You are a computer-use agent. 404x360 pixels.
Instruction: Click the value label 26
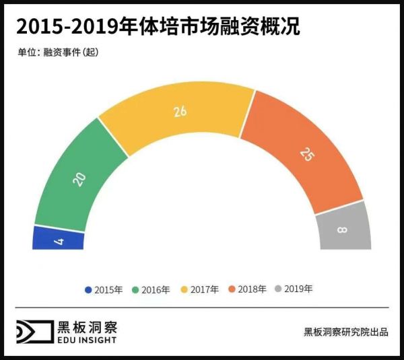pyautogui.click(x=180, y=112)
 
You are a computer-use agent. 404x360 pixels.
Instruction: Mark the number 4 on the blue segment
pyautogui.click(x=60, y=240)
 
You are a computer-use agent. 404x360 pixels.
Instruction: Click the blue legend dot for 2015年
pyautogui.click(x=88, y=289)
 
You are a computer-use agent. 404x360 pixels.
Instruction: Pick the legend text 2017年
pyautogui.click(x=205, y=289)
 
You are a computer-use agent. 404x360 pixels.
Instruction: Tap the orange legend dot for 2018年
pyautogui.click(x=232, y=289)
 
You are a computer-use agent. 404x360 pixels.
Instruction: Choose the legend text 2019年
pyautogui.click(x=298, y=289)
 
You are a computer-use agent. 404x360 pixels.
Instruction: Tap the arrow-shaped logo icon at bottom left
pyautogui.click(x=34, y=332)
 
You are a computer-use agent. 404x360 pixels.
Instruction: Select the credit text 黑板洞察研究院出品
pyautogui.click(x=345, y=332)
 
